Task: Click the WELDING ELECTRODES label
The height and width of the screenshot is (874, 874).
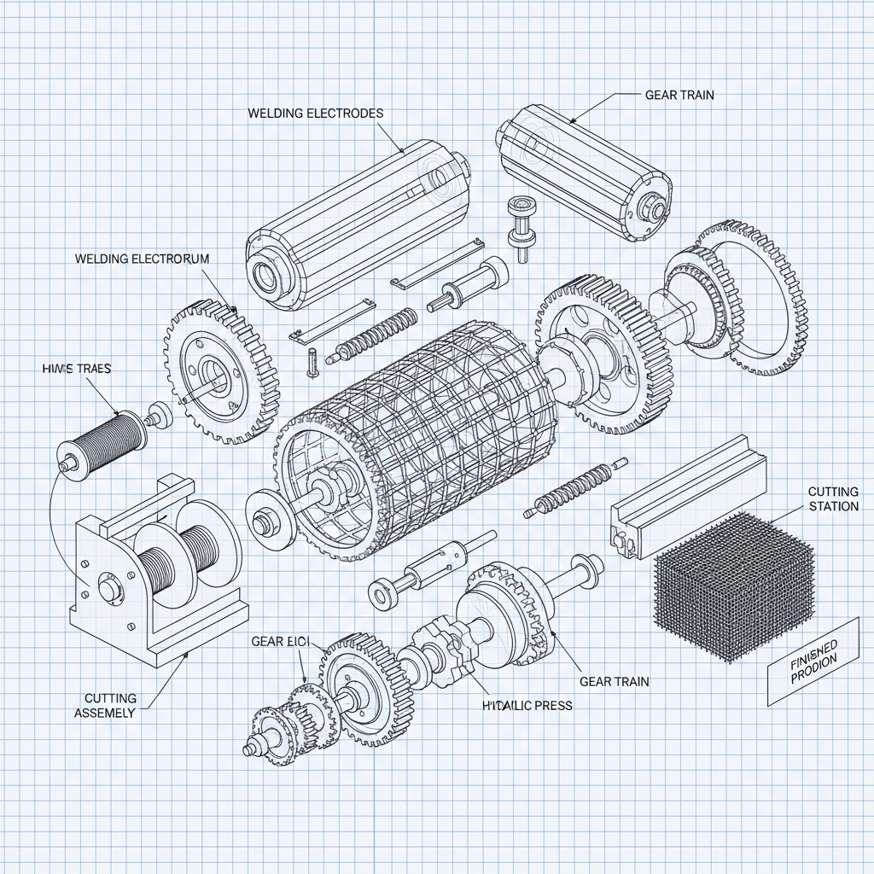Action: (x=315, y=113)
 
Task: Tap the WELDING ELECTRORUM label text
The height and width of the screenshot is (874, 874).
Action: (x=142, y=258)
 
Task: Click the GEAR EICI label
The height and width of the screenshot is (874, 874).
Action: (x=279, y=640)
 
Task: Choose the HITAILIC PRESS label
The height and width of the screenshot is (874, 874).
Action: (x=527, y=706)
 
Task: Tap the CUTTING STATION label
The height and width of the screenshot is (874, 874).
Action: (x=832, y=499)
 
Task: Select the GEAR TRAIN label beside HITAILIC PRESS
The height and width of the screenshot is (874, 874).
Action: (x=614, y=681)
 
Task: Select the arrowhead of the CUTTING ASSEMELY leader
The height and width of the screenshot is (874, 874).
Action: (x=188, y=656)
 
